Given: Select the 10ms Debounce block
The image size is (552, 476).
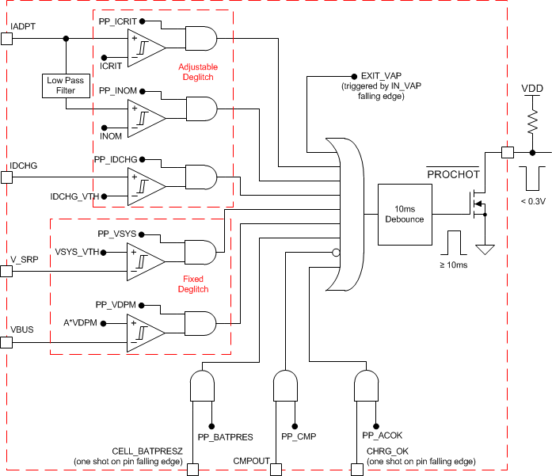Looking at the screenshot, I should point(404,213).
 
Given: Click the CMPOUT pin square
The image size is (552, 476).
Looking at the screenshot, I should point(276,470).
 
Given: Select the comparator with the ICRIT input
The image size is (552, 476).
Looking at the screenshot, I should point(146,48).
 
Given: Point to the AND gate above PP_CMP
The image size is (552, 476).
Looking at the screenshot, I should point(286,386).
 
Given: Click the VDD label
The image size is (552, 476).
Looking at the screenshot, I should point(531,87).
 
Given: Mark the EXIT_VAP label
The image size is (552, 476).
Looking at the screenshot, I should point(380,75).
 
